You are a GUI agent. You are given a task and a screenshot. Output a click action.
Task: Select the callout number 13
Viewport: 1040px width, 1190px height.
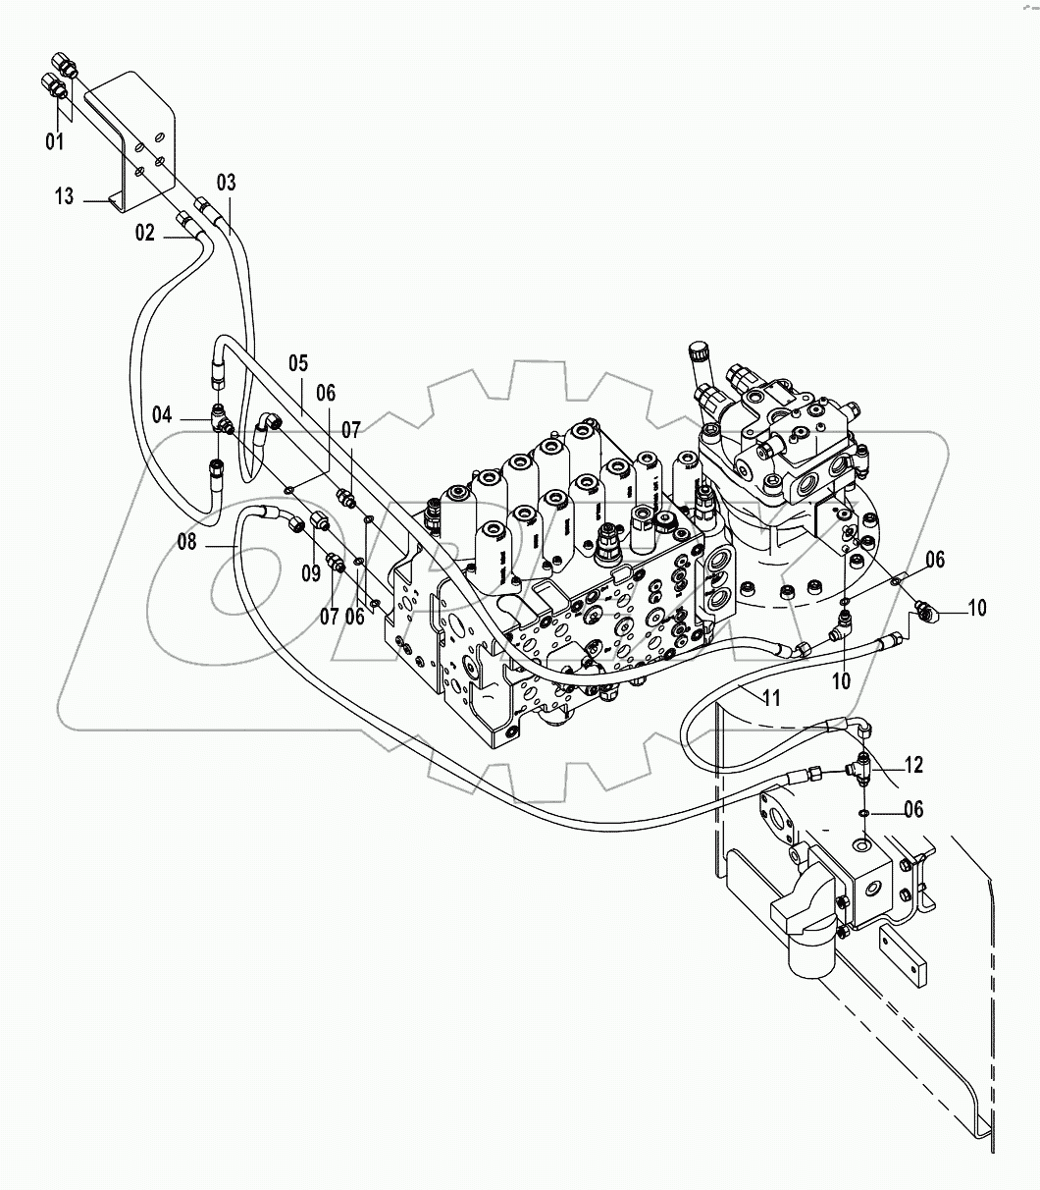pos(64,197)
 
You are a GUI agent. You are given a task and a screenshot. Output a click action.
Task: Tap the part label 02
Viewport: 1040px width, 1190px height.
pos(145,233)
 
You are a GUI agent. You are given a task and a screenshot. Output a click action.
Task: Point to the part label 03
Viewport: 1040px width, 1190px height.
pos(227,182)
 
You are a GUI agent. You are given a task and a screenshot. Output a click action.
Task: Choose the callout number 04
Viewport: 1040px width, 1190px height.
pos(298,361)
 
